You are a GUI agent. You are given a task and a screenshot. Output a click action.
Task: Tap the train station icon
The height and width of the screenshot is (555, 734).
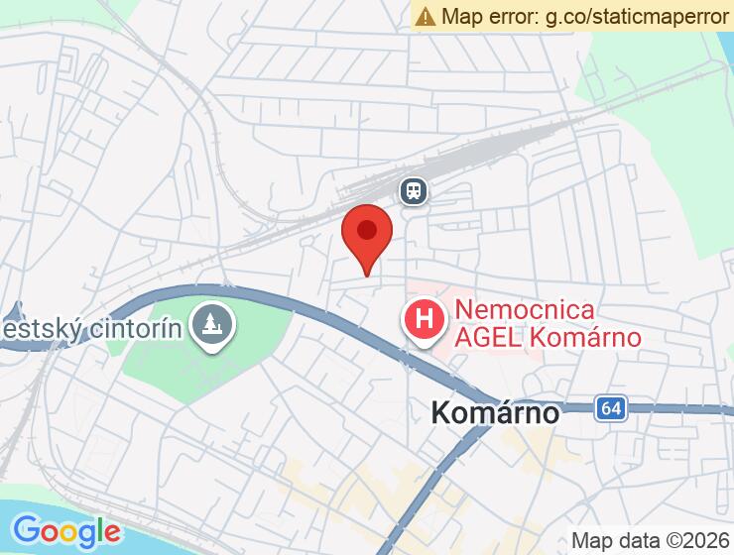[x=414, y=190]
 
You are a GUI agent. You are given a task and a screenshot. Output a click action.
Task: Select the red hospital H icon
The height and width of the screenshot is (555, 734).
[x=425, y=321]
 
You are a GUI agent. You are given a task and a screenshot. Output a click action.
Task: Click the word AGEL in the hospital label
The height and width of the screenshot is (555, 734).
[x=486, y=337]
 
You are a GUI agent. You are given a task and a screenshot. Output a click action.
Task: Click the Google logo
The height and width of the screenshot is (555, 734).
[x=66, y=530]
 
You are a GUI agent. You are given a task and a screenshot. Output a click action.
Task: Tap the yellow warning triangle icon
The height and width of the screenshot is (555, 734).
[x=426, y=16]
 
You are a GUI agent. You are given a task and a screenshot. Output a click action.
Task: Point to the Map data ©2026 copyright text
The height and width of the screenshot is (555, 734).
[x=650, y=540]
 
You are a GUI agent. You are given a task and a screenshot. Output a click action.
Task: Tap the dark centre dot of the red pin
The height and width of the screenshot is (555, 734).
[x=367, y=230]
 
